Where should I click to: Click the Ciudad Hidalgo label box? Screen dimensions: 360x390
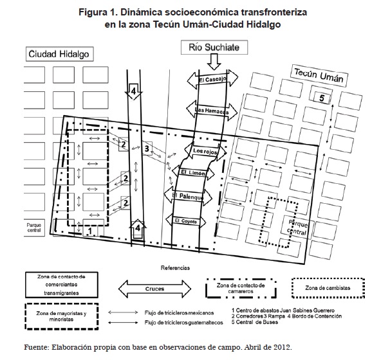tap(59, 54)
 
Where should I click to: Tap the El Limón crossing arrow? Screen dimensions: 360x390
tap(192, 173)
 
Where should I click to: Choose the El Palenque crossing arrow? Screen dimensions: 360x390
tap(187, 195)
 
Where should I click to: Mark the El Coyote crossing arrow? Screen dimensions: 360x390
tap(187, 221)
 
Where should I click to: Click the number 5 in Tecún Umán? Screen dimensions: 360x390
tap(323, 98)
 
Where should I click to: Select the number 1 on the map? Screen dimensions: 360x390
tap(88, 229)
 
